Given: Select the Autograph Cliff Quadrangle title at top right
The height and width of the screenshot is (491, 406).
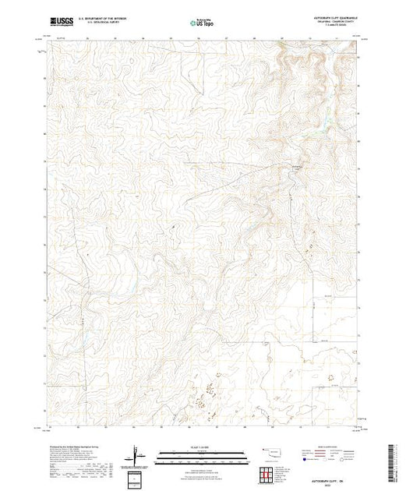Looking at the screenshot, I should pos(331,19).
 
